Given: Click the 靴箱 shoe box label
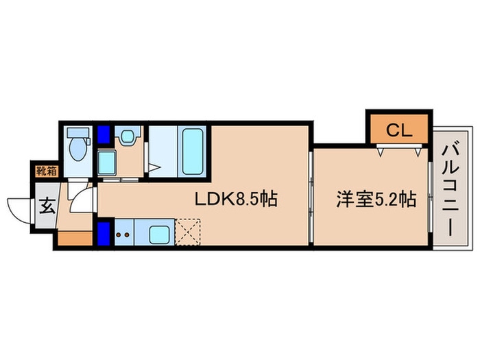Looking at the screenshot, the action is (x=47, y=171).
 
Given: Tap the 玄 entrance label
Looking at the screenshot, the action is (x=47, y=206).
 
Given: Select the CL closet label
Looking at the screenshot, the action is (x=399, y=131).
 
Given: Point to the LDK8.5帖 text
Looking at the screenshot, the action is (x=236, y=199).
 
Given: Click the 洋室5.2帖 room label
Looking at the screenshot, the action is (x=376, y=199).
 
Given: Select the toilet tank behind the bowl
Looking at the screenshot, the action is (x=78, y=132).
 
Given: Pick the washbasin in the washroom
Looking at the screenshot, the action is (x=127, y=136).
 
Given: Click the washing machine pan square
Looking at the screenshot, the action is (x=106, y=163).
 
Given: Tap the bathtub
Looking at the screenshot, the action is (x=193, y=152).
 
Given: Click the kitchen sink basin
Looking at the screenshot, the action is (x=159, y=235).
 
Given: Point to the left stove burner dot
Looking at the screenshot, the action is (x=118, y=235).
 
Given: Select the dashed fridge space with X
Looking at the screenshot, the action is (x=187, y=232).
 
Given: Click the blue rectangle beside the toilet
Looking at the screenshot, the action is (x=104, y=134).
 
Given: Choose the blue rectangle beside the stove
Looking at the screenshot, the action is (x=104, y=233).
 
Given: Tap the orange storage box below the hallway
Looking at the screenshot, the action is (x=75, y=239).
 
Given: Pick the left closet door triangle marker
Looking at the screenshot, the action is (x=381, y=152).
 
